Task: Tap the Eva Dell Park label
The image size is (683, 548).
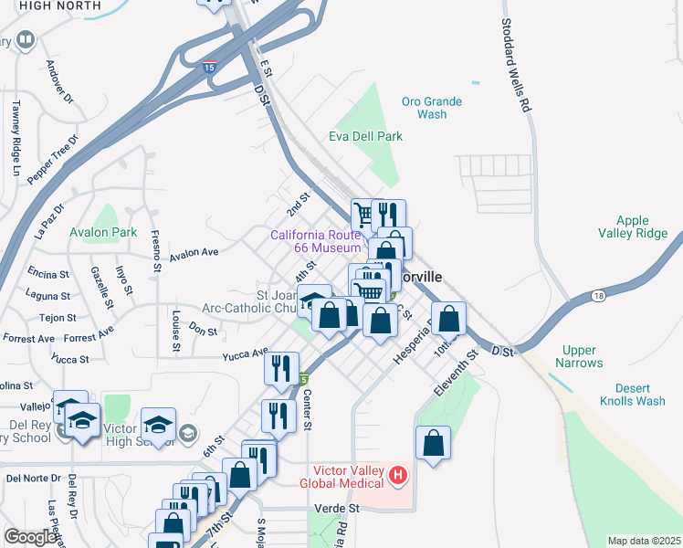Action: click(365, 136)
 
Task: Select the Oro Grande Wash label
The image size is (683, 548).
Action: click(431, 108)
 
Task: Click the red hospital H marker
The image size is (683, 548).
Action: click(397, 475)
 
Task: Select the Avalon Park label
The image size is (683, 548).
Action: click(103, 232)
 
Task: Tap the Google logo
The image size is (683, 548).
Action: click(30, 537)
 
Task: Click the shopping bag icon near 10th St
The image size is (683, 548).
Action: click(448, 319)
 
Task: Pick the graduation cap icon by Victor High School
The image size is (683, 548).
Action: click(158, 426)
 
